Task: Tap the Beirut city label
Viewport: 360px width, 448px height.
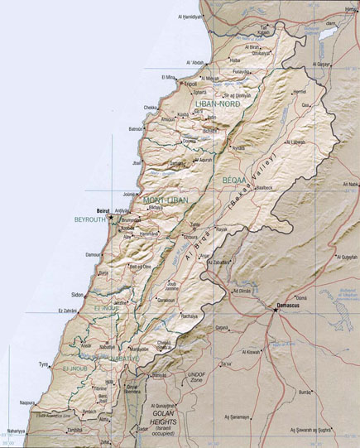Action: [103, 211]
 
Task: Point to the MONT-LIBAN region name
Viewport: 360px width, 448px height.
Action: [162, 200]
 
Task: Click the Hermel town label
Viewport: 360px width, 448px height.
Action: [300, 91]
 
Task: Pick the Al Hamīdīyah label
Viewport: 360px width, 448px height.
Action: [192, 17]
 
